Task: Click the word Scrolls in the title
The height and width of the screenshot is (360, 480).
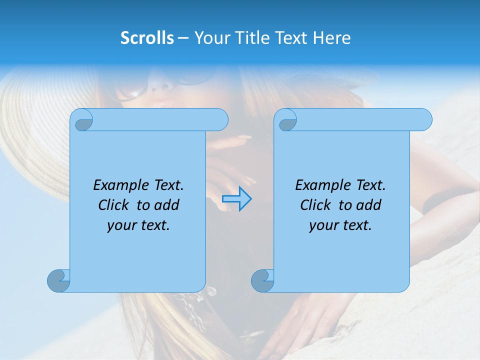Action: coord(147,38)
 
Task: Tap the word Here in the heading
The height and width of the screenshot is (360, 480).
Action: coord(332,38)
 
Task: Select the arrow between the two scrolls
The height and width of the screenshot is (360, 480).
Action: coord(236,198)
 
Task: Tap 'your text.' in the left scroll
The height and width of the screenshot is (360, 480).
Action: coord(138,225)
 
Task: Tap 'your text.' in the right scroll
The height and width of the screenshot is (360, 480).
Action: coord(340,225)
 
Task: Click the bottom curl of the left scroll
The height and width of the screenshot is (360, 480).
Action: coord(58,280)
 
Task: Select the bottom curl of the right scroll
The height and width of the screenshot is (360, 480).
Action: coord(262,280)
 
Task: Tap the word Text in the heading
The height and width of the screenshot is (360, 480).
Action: coord(292,38)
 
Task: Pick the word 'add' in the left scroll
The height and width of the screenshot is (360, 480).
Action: coord(166,205)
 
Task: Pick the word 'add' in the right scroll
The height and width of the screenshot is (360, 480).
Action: coord(368,205)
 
